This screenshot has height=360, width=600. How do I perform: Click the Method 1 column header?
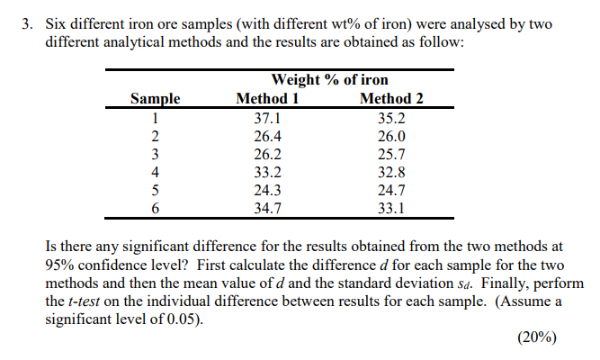point(268,99)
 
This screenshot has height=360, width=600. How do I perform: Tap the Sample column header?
point(155,99)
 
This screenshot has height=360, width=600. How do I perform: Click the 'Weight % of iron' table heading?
point(329,81)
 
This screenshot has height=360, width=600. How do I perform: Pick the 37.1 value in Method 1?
point(268,118)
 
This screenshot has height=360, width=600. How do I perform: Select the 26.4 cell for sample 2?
point(268,136)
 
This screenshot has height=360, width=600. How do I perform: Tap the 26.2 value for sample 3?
point(268,154)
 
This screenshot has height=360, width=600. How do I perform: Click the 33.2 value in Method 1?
point(268,172)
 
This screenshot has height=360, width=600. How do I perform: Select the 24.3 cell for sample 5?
point(268,190)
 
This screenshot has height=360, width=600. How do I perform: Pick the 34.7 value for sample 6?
point(268,208)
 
